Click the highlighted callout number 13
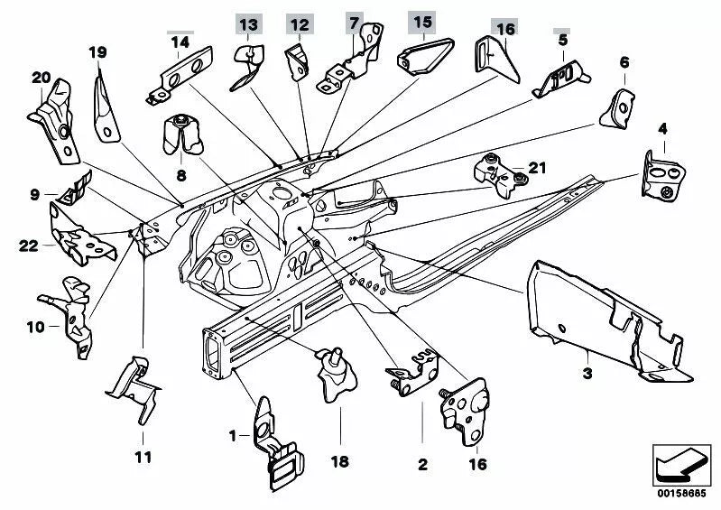[x=248, y=23]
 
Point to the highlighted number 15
[x=421, y=22]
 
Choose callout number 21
[x=538, y=166]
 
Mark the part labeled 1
[x=276, y=441]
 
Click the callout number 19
[x=97, y=51]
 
